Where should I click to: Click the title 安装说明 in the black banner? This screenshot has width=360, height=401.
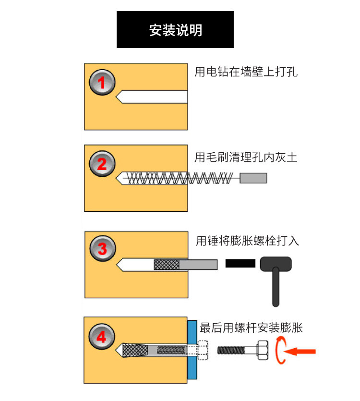pos(175,30)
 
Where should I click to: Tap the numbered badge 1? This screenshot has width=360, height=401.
pos(102,82)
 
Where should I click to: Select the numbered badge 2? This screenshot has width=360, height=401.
pos(102,164)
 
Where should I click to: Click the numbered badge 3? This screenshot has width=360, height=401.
pos(103,248)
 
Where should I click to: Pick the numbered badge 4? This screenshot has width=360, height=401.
pos(101,337)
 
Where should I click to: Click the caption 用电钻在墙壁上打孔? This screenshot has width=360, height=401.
pos(246,72)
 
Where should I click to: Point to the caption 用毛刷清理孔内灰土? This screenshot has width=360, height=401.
pos(246,157)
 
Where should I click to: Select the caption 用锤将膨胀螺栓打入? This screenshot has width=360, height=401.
pos(247,241)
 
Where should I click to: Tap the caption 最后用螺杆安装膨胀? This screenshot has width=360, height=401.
pos(251,328)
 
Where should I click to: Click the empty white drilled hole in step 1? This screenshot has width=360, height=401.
pos(152,97)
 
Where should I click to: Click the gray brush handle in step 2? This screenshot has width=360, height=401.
pos(253,178)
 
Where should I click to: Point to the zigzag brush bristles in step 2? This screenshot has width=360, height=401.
pos(180,178)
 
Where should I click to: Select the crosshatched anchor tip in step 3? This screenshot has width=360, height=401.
pos(167,265)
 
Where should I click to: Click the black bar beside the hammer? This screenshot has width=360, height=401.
pos(240,264)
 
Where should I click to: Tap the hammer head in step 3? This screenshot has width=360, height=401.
pos(276,264)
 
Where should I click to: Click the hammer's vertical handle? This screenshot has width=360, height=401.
pos(276,288)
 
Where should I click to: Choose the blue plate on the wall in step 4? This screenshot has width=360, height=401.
pos(192,350)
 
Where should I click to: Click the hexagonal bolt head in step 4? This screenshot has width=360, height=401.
pos(263,350)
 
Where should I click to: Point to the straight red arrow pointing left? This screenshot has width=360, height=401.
pos(300,352)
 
